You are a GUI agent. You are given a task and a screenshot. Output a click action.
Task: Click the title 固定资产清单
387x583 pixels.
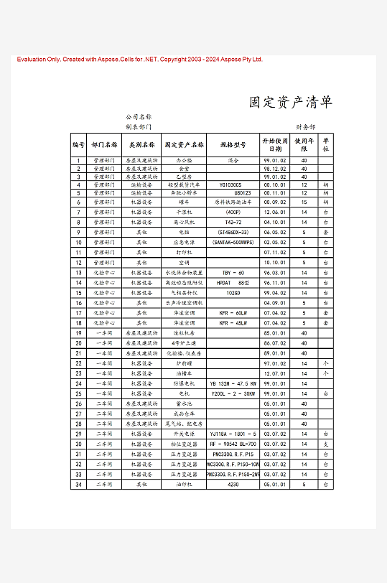[291, 102]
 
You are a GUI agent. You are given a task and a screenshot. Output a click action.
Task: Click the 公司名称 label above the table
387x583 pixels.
[139, 116]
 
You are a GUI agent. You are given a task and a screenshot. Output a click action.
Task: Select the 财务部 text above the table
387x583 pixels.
[306, 126]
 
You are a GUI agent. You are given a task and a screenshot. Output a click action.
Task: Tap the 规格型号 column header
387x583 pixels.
[233, 144]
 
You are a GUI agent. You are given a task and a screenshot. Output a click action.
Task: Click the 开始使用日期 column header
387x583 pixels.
[275, 144]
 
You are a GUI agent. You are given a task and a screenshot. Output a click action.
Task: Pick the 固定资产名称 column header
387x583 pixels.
[185, 144]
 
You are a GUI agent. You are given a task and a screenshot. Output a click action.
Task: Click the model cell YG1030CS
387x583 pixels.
[233, 185]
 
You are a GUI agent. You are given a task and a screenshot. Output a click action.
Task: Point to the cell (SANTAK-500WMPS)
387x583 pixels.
[233, 243]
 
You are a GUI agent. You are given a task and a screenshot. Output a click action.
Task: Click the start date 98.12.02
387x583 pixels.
[275, 168]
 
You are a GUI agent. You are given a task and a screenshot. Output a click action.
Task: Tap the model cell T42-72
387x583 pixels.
[233, 223]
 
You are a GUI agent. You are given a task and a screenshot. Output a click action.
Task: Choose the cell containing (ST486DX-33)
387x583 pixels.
[233, 233]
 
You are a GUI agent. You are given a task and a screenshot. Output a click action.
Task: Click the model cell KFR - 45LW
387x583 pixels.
[233, 323]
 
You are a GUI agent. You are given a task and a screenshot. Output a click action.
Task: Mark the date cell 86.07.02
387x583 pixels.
[275, 343]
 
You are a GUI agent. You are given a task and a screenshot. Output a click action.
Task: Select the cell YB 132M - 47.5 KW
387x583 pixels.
[233, 383]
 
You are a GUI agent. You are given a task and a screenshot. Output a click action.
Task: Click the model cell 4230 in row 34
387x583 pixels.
[233, 485]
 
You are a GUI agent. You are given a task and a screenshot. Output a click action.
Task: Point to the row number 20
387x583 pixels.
[78, 343]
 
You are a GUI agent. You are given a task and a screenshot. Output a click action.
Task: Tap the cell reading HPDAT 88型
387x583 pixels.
[233, 283]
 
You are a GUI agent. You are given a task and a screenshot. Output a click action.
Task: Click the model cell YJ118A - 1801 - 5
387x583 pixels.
[233, 434]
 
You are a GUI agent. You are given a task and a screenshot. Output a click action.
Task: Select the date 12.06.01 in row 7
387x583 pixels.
[275, 213]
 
